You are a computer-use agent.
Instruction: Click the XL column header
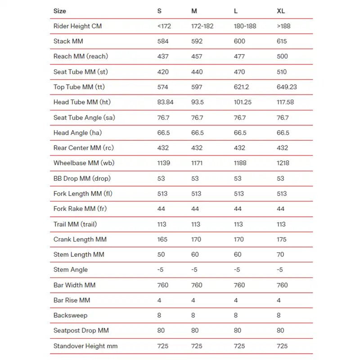pos(281,11)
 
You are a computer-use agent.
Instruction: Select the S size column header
pos(160,11)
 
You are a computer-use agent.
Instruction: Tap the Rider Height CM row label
pos(77,26)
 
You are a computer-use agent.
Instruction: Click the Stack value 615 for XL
pos(283,41)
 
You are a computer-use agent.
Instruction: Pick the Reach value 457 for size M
pos(197,56)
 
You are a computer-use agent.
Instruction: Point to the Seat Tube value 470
pos(240,72)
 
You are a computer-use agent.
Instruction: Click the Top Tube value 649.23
pos(287,87)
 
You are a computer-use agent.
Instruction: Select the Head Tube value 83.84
pos(166,102)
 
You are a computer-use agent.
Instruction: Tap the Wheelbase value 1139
pos(164,163)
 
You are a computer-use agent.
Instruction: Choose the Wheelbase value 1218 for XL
pos(283,163)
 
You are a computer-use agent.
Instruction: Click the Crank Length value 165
pos(163,239)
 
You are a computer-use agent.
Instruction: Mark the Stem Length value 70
pos(280,255)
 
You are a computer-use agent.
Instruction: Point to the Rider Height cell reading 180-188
pos(245,26)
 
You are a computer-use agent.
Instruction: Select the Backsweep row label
pos(70,315)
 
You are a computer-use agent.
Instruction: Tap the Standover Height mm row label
pos(85,346)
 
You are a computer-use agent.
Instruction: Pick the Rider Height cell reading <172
pos(164,26)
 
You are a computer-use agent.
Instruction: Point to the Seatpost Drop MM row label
pos(81,331)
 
